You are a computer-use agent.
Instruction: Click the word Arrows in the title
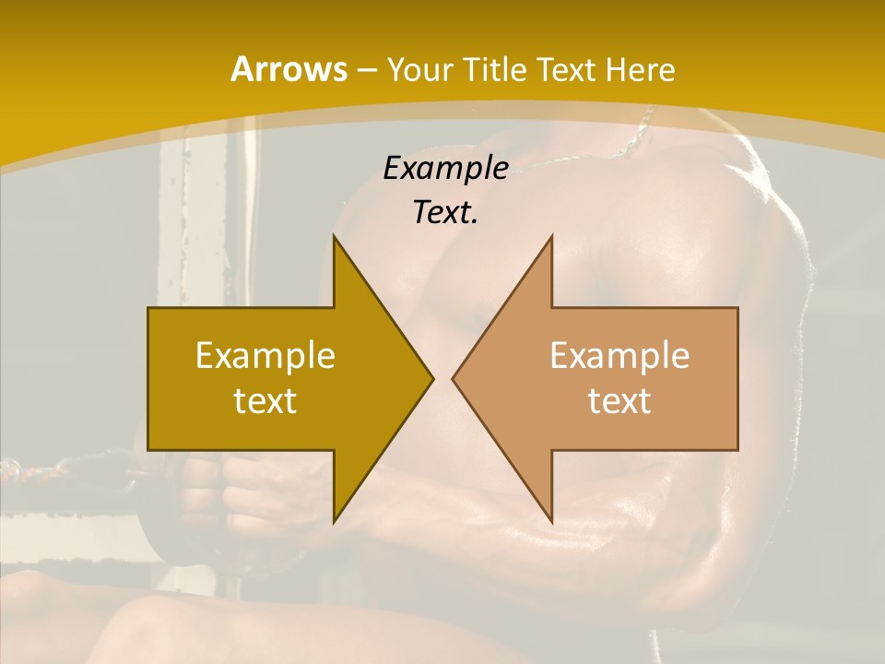pos(289,69)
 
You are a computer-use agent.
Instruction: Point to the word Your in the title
pos(419,69)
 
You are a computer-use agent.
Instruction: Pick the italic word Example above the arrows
pos(445,168)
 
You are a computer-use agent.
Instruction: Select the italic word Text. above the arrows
pos(445,212)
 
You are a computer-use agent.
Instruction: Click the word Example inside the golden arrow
pos(265,355)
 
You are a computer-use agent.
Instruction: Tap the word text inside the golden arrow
pos(265,400)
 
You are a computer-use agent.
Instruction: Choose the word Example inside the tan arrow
pos(619,355)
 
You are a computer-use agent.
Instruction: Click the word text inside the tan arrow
pos(619,400)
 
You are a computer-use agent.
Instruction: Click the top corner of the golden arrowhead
pos(335,237)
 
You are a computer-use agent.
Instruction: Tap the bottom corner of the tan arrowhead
pos(551,522)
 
